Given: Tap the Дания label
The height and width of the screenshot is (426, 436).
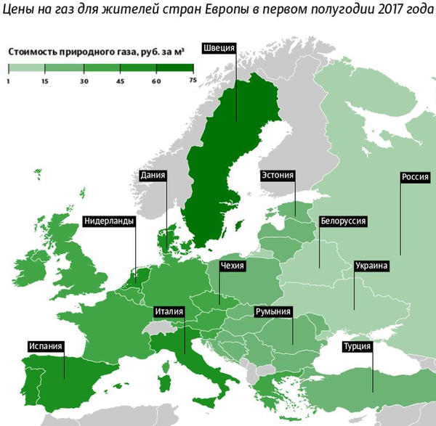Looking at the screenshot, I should [153, 175].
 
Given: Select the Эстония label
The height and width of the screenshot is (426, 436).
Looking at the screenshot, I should [277, 175].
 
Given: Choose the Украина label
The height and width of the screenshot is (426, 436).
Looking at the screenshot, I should [371, 266].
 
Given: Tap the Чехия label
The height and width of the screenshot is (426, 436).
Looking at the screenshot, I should [233, 266].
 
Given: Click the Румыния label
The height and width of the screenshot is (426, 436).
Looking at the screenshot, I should [273, 312].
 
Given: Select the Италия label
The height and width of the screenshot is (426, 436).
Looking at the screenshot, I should [169, 312].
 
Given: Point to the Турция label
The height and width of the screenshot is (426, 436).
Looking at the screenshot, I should [357, 346].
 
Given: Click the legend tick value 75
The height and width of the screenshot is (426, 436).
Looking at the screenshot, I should [193, 82].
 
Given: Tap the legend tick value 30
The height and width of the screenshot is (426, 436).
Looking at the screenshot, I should [84, 82].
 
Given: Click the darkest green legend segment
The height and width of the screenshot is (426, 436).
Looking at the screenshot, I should [174, 68].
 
